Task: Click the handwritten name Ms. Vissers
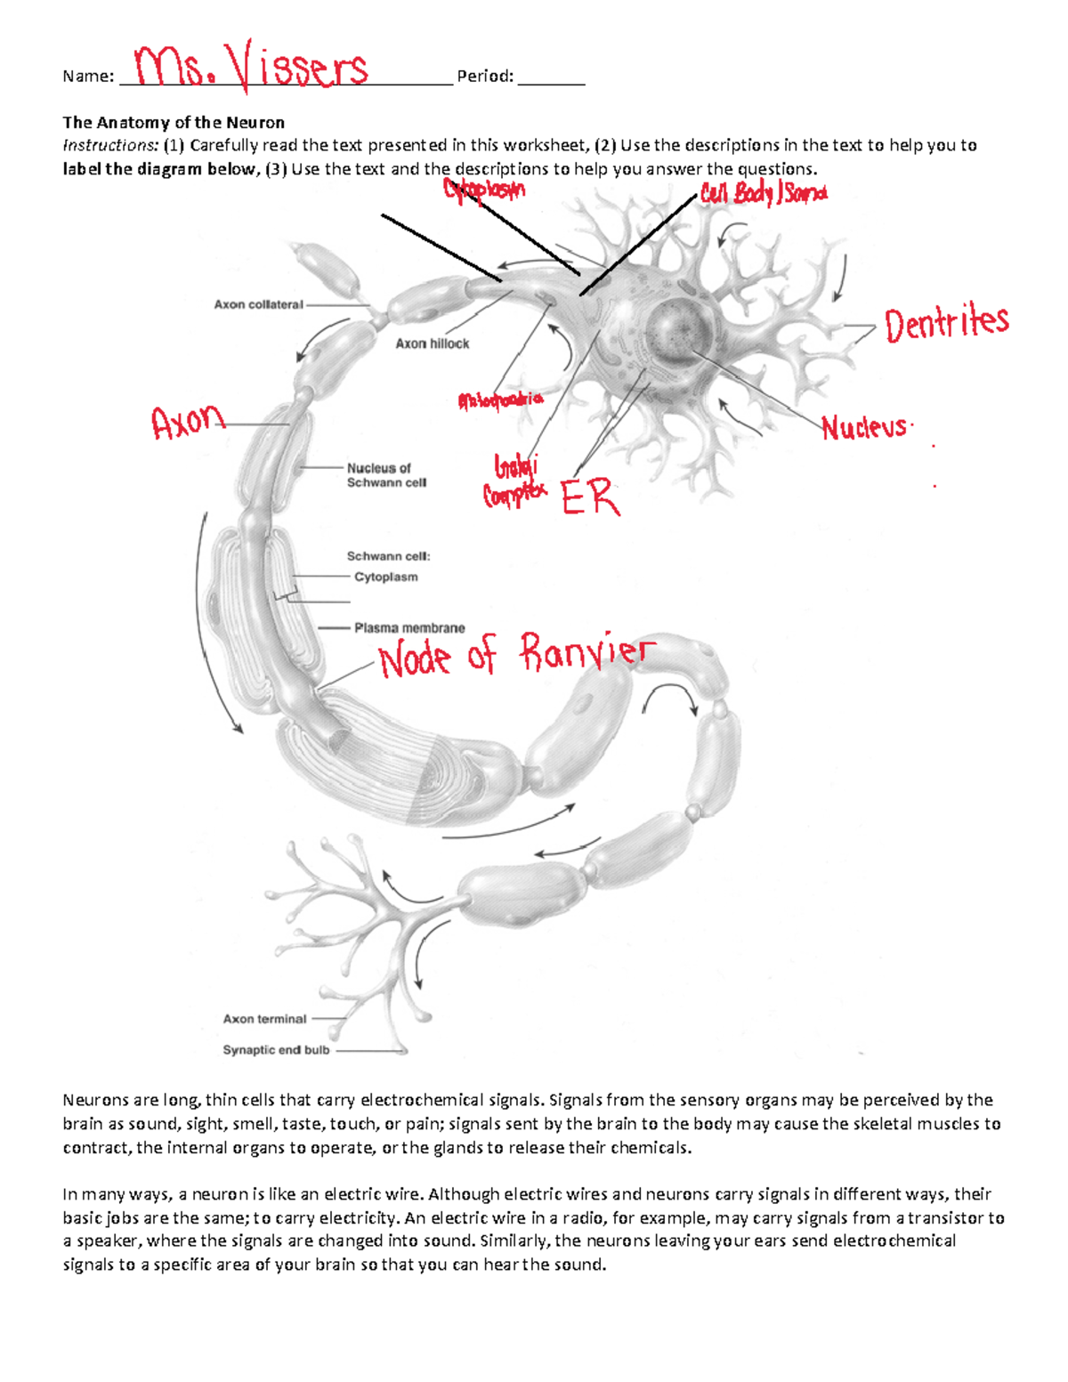click(x=252, y=68)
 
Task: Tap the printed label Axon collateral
click(x=258, y=304)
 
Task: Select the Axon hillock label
click(x=432, y=343)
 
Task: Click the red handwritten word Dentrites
click(x=946, y=323)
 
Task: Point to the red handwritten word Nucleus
click(x=863, y=428)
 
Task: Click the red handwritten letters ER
click(x=590, y=497)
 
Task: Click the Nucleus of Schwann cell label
click(x=386, y=475)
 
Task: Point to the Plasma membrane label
click(x=409, y=627)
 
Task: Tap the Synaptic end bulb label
click(x=276, y=1050)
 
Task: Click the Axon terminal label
click(x=264, y=1019)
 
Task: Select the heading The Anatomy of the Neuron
click(x=174, y=123)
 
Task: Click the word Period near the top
click(x=485, y=77)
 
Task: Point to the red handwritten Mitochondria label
click(x=500, y=400)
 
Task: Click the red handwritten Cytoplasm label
click(x=484, y=190)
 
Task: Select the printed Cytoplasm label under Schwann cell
click(x=385, y=577)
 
